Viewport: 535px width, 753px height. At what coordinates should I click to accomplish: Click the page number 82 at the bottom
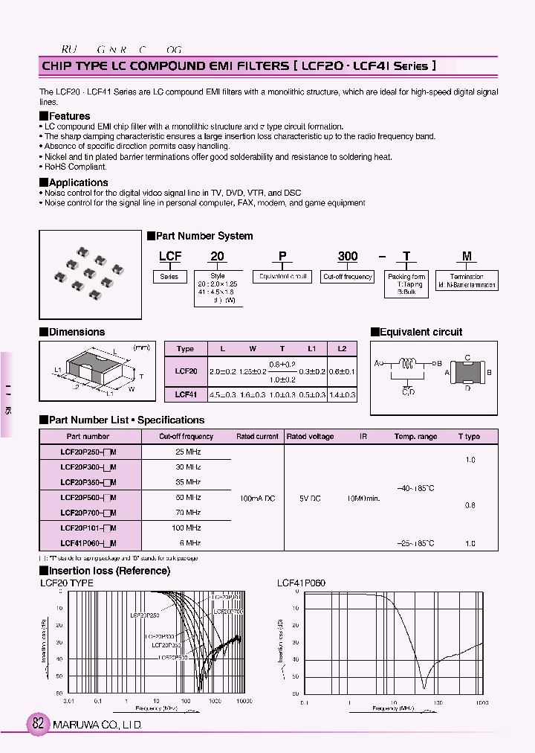tap(37, 724)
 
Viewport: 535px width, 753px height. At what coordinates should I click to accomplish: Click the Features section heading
tap(68, 116)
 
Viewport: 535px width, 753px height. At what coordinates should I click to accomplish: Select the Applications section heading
tap(77, 182)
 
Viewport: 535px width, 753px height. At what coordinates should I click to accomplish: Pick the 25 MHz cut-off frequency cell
tap(188, 452)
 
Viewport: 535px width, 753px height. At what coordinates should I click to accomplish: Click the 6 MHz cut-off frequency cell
tap(188, 543)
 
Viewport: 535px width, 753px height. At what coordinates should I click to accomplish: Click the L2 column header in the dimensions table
tap(342, 348)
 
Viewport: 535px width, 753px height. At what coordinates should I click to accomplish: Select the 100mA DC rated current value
tap(257, 498)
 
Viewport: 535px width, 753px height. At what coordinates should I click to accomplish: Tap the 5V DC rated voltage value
tap(310, 498)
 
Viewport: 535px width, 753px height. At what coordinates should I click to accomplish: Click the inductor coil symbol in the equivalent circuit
tap(406, 364)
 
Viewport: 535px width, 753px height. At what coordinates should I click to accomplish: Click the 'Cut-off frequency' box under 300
tap(348, 277)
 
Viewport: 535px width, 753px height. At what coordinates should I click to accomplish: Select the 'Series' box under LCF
tap(169, 277)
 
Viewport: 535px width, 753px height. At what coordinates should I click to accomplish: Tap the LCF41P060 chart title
tap(301, 583)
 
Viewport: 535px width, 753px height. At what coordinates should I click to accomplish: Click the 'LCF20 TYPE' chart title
tap(67, 583)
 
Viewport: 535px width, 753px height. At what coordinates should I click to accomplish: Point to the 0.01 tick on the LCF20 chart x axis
tap(68, 701)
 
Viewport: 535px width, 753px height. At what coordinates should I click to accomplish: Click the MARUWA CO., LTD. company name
tap(97, 725)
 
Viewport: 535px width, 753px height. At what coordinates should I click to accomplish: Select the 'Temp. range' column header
tap(415, 437)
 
